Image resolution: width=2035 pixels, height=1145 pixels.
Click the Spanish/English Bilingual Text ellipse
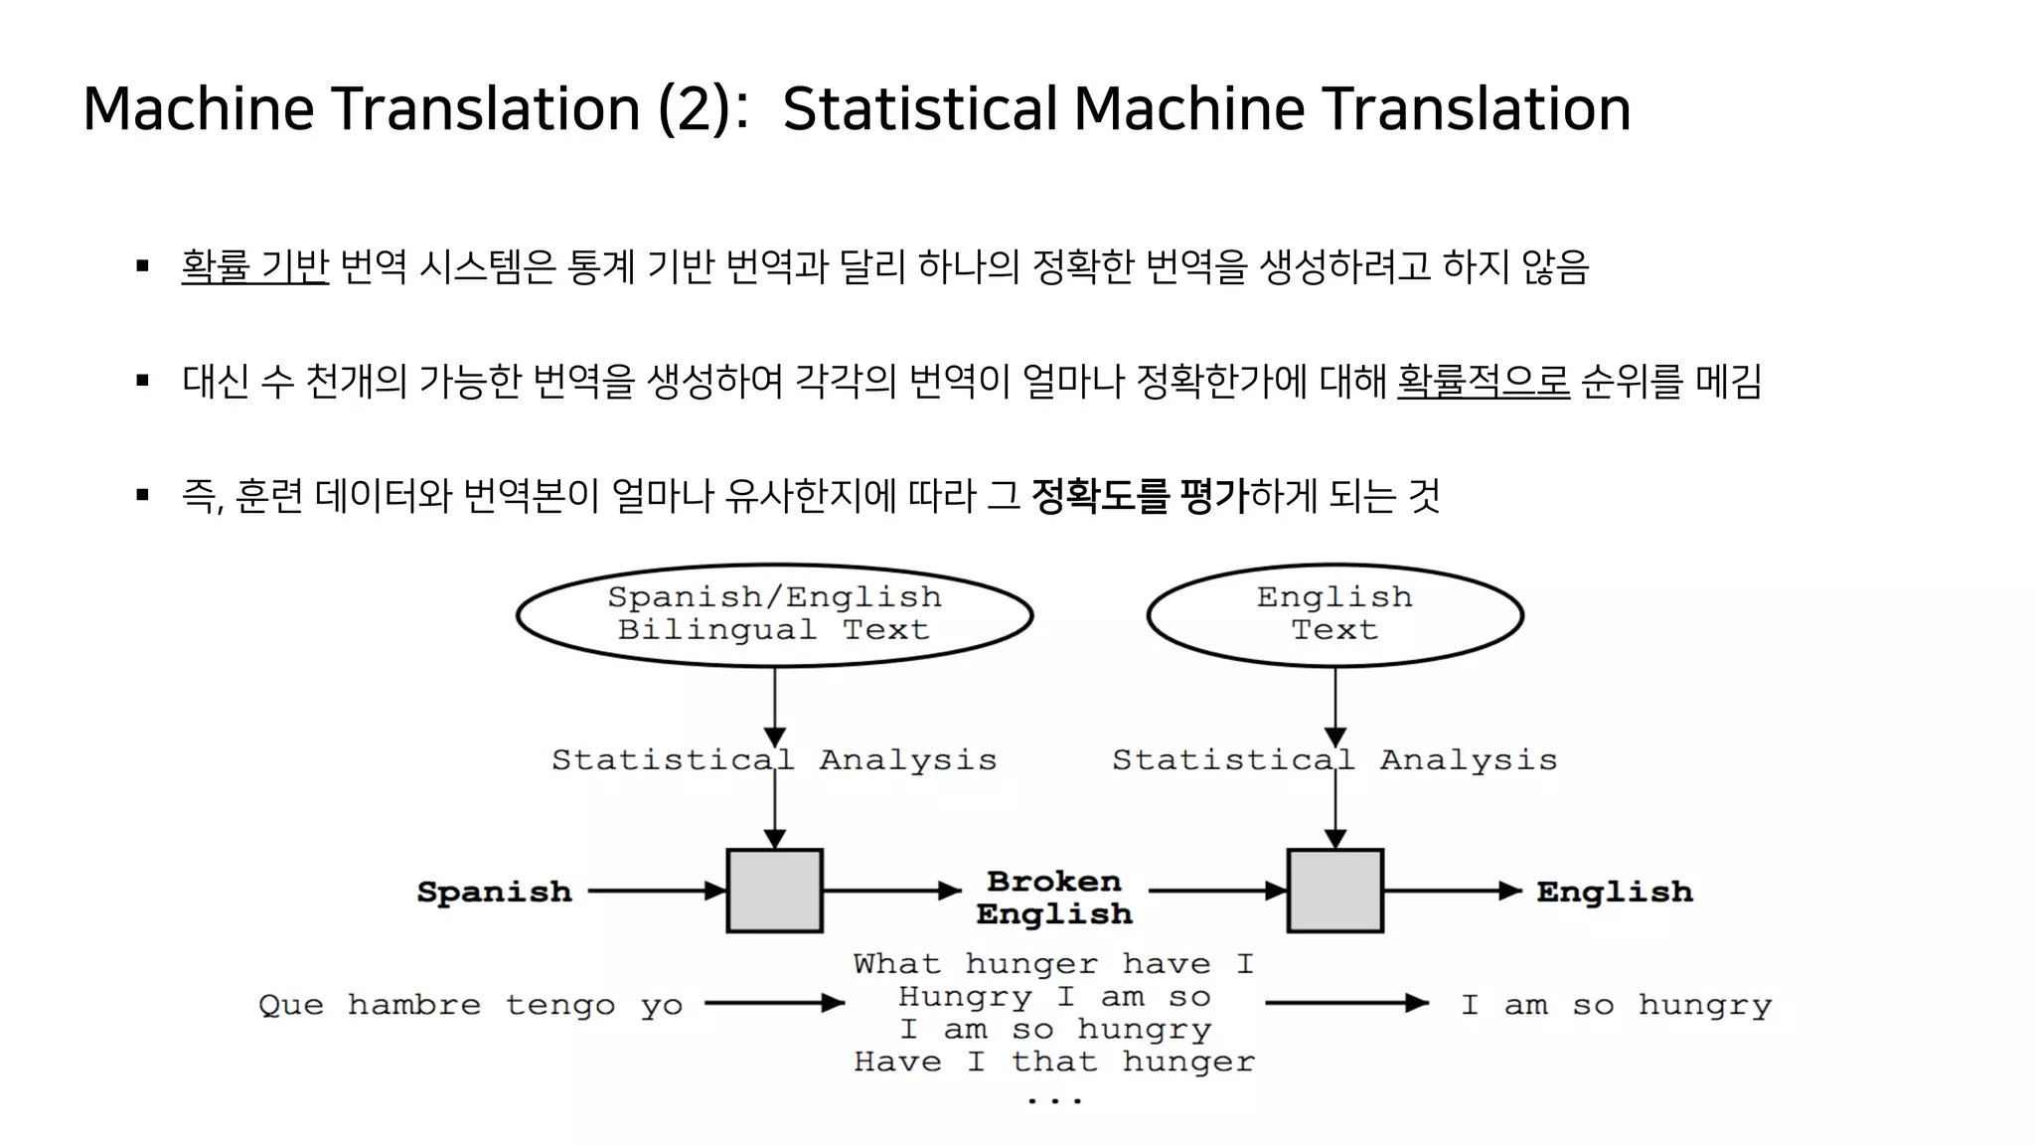(774, 614)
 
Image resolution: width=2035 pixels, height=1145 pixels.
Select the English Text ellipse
(1334, 614)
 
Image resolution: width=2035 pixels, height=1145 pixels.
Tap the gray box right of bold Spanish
(774, 891)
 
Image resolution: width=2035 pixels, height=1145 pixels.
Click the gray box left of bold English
(1334, 891)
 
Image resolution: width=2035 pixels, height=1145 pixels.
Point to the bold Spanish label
(494, 892)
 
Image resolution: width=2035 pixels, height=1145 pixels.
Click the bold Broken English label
(1054, 898)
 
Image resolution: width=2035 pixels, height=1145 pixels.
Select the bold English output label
(1614, 892)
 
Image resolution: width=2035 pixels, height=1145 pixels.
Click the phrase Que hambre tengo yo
(470, 1005)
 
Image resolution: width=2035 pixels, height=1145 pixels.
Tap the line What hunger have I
(1053, 964)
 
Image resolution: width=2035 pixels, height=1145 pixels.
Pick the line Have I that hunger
(1053, 1062)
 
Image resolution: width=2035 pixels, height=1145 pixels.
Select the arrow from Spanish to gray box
(656, 891)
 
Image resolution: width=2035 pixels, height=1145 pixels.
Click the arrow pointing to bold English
(1452, 891)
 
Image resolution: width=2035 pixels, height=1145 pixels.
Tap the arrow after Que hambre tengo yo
(774, 1004)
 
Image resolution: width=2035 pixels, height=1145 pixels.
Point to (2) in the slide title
(695, 108)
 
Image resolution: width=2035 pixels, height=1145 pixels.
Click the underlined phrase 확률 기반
(254, 266)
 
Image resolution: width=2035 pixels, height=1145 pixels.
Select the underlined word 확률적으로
(1483, 381)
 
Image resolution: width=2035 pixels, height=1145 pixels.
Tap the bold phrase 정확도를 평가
(1139, 495)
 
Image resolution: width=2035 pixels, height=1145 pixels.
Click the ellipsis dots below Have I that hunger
(1053, 1099)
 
